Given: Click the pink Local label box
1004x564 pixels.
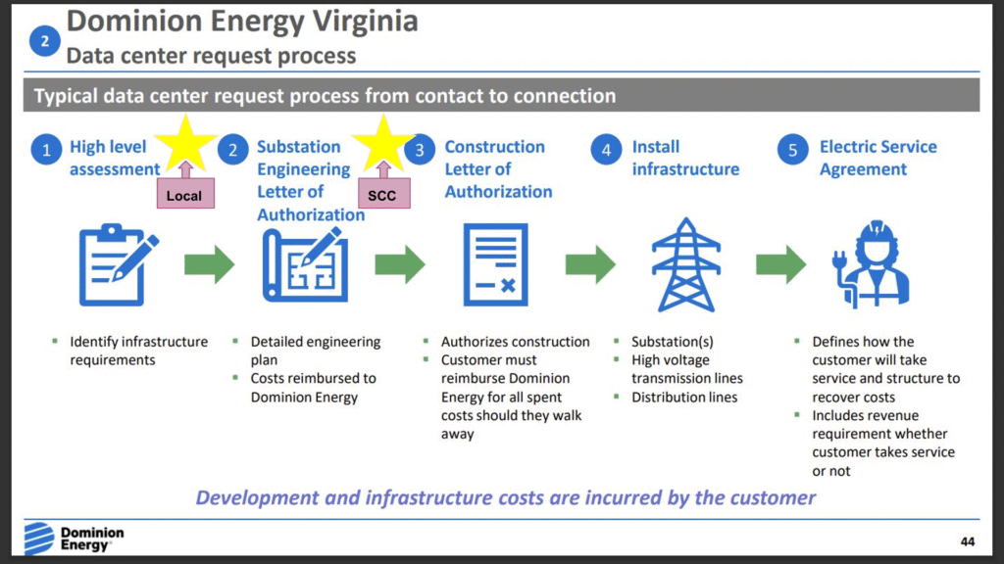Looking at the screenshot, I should (183, 196).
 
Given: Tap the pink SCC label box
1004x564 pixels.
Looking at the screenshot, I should (382, 196).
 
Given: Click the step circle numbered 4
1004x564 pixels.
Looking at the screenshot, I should (607, 150).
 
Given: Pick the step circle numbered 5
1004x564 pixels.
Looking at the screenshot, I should (794, 150).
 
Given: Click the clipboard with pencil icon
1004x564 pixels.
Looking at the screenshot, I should (116, 263).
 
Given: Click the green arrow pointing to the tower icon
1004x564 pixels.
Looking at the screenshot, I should (590, 264).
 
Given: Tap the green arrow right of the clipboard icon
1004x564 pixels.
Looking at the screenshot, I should (210, 264).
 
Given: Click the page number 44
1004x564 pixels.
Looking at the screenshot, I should (968, 541).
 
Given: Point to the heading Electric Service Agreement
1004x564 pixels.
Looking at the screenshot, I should (878, 158).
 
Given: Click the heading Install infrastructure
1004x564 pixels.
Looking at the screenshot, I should (685, 158).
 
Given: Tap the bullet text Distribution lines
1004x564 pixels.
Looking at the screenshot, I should (684, 398).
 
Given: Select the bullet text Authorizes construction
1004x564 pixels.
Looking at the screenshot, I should (515, 342).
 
